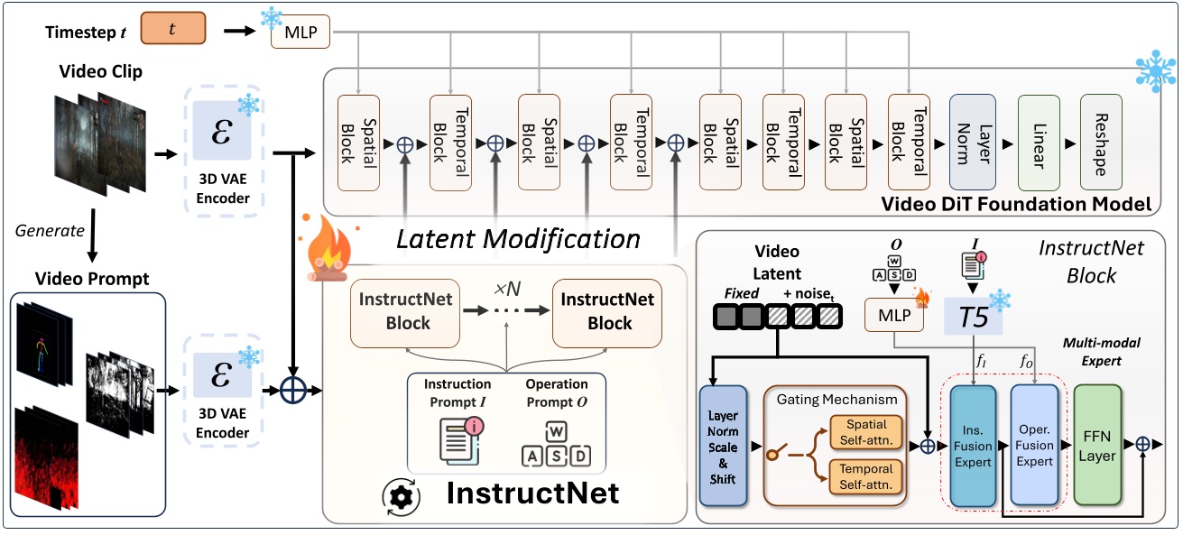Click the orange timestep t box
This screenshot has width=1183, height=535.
tap(173, 30)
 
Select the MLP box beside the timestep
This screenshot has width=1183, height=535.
tap(300, 35)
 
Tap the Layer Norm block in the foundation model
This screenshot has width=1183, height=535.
tap(973, 142)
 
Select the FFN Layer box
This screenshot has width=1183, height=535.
tap(1096, 443)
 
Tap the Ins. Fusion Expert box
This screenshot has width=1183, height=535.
tap(971, 444)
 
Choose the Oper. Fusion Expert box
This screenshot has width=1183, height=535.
tap(1034, 444)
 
